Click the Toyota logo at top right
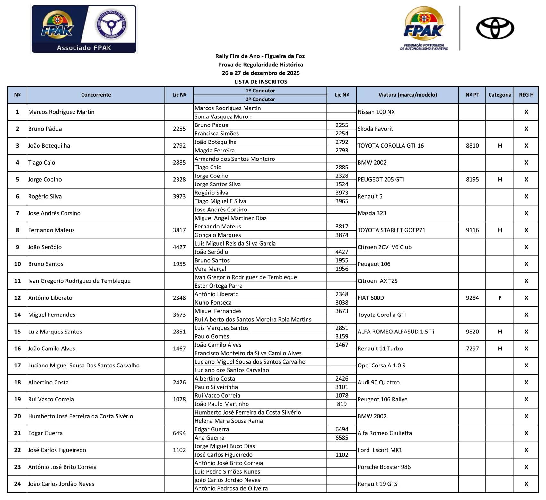495,28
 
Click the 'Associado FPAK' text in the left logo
84,48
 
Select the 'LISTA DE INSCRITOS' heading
261,82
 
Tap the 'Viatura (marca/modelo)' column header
407,95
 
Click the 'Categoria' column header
499,95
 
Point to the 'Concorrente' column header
96,95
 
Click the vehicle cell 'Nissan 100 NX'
376,112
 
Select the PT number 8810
472,146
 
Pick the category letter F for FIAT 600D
500,298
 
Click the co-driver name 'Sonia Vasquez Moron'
223,116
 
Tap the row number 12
17,298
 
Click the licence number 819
342,404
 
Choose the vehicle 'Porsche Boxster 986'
384,467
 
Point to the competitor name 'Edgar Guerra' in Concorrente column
45,433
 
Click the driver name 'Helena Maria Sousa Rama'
229,421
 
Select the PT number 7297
472,349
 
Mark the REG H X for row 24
526,484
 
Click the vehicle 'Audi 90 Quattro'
378,382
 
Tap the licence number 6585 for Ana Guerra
342,438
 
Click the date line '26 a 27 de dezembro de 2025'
261,73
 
